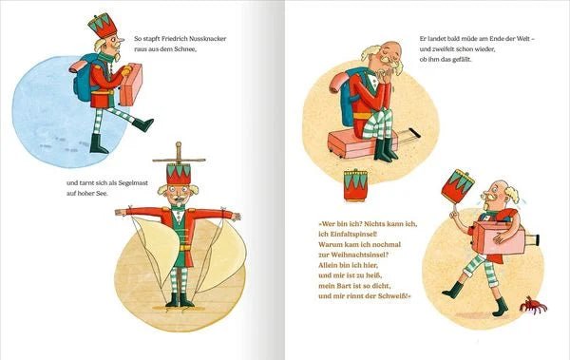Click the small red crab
click(x=531, y=304)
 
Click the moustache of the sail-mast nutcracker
click(x=179, y=202)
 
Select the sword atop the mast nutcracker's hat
click(x=178, y=153)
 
